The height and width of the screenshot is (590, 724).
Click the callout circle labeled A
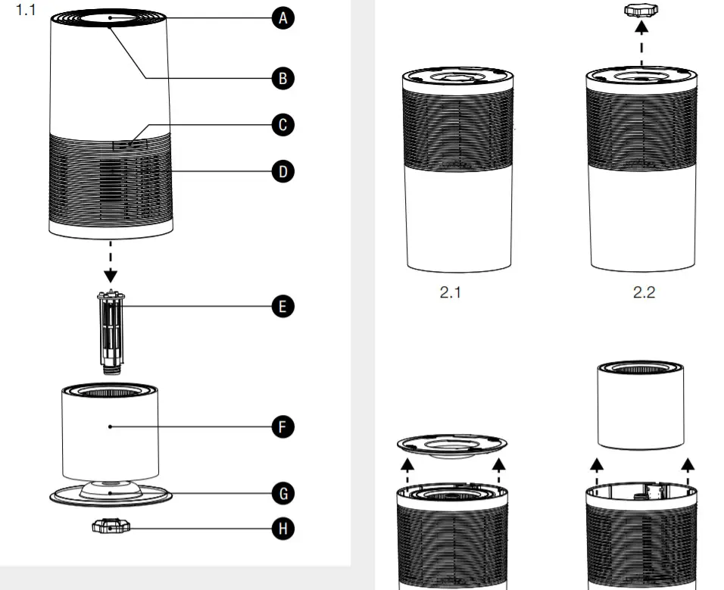coord(282,19)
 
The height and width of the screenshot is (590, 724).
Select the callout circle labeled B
coord(282,77)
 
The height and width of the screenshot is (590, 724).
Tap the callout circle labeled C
coord(282,125)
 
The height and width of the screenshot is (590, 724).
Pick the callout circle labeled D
coord(282,171)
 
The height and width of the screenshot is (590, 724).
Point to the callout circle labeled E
coord(282,307)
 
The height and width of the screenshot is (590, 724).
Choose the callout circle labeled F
coord(282,427)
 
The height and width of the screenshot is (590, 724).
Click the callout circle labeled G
coord(282,494)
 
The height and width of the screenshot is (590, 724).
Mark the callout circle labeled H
coord(282,529)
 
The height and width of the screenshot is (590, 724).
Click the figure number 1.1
coord(26,13)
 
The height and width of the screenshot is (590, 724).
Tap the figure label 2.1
coord(450,293)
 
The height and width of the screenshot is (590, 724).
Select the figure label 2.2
coord(643,293)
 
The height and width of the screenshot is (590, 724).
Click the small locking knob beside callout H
coord(110,526)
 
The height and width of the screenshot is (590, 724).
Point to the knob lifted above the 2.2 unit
coord(642,11)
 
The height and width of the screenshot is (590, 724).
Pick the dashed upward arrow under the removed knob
coord(642,42)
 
